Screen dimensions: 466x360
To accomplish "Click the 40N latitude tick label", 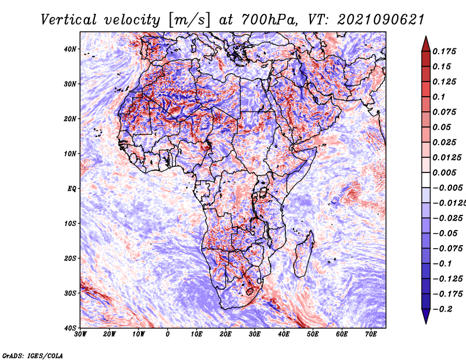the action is tap(70, 49).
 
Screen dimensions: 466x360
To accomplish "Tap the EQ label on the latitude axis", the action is tap(72, 189).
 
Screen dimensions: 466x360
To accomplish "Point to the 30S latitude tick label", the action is tap(70, 293).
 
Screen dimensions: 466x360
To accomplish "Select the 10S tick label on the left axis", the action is tap(70, 223).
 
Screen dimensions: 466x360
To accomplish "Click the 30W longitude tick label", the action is tap(80, 334).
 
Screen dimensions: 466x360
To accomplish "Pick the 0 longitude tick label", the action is tap(168, 334).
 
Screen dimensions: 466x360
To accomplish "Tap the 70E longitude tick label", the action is tap(371, 334).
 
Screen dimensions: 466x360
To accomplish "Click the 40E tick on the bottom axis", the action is tap(284, 334).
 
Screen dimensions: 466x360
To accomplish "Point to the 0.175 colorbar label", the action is tap(444, 51).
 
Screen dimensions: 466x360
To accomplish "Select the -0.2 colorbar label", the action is tap(443, 309).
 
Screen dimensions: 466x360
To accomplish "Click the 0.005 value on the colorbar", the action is tap(444, 172).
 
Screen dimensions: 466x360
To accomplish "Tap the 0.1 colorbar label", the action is tap(439, 97).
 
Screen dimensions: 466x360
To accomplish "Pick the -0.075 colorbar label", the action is tap(448, 249).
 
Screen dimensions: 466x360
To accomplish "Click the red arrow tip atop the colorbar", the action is tap(426, 37).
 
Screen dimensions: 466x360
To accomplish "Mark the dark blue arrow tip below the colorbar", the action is tap(426, 323).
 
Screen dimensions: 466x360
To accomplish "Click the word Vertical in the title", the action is tap(69, 20).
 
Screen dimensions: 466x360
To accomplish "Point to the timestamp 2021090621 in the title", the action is tap(380, 20).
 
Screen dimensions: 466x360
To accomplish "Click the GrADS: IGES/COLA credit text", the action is tap(33, 355).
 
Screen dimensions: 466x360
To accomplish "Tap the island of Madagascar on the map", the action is tap(303, 254).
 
